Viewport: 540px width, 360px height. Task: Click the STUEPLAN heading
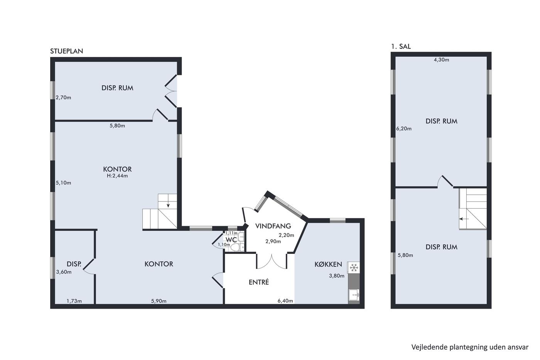[x=66, y=51]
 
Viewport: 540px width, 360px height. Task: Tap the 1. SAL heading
[x=401, y=46]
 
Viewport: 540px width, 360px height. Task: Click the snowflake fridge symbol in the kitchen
[x=354, y=267]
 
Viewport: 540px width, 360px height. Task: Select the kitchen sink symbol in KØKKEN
[x=354, y=295]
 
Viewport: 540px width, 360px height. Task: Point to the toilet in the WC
[x=237, y=247]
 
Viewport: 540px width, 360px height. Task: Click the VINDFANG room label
[x=273, y=226]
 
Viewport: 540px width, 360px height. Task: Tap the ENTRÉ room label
[x=259, y=282]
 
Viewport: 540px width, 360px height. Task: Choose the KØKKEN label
[x=328, y=264]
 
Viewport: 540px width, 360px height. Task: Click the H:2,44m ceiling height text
[x=117, y=176]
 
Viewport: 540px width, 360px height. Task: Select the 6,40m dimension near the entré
[x=285, y=301]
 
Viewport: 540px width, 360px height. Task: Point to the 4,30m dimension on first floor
[x=441, y=60]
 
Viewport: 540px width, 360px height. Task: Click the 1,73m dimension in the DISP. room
[x=74, y=301]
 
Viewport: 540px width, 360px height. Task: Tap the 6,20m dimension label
[x=404, y=129]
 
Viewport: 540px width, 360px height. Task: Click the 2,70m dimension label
[x=63, y=98]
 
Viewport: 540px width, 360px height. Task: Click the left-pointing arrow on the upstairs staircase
[x=464, y=219]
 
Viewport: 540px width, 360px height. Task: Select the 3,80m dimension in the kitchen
[x=336, y=276]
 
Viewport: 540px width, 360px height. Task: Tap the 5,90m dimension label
[x=159, y=301]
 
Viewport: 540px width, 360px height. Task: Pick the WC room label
[x=231, y=240]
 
